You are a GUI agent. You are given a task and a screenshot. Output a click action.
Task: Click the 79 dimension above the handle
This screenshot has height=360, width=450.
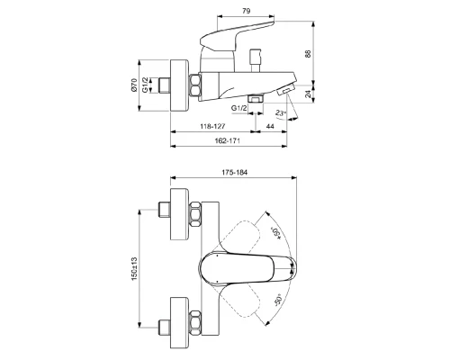(x=221, y=12)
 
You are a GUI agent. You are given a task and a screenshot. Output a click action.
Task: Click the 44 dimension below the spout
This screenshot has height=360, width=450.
(x=271, y=127)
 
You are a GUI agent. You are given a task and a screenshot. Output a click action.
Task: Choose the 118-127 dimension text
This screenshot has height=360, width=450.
(x=211, y=127)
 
